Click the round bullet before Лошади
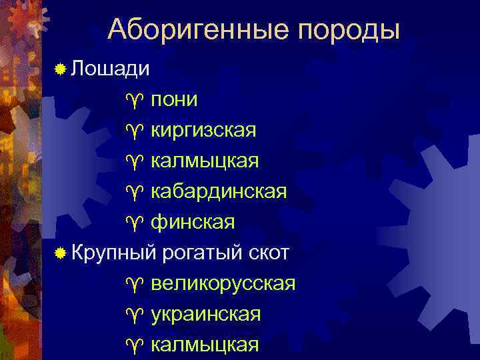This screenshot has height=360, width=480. (x=61, y=69)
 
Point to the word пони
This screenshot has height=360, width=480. (x=174, y=99)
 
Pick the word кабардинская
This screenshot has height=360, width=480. (x=219, y=192)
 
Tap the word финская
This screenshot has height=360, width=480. (x=193, y=223)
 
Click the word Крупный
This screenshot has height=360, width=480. (x=113, y=253)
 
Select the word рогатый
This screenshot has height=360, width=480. (x=201, y=253)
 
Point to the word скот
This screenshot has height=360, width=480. (x=268, y=253)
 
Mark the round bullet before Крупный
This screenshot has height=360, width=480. (x=61, y=254)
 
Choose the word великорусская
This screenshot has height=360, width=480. (x=223, y=284)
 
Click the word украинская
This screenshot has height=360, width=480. (x=206, y=314)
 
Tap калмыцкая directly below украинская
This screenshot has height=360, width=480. (x=205, y=345)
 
